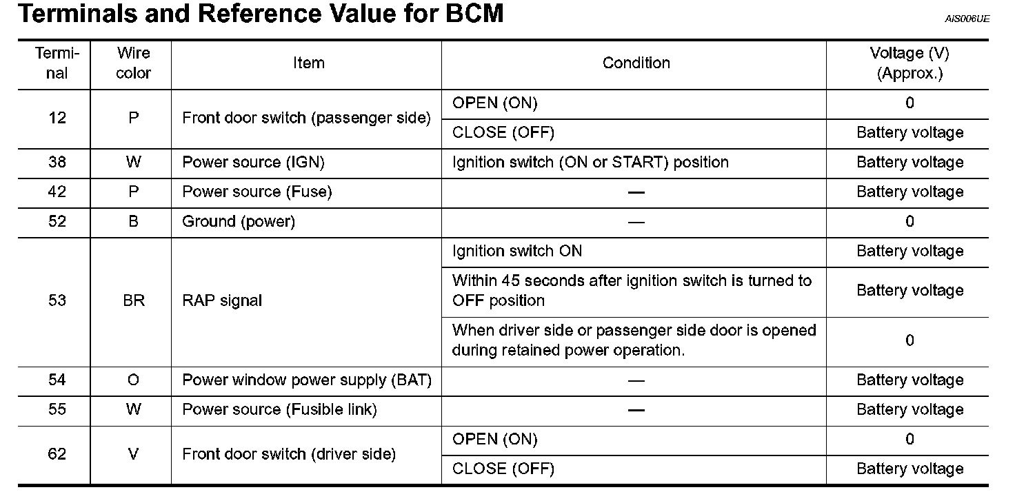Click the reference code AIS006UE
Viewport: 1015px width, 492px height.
point(967,19)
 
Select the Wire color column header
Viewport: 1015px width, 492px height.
point(133,63)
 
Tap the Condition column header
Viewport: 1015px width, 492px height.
point(636,63)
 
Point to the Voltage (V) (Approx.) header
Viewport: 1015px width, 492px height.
point(909,63)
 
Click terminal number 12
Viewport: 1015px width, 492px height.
point(57,118)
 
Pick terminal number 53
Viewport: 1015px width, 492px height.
point(57,300)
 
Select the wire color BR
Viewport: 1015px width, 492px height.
point(133,300)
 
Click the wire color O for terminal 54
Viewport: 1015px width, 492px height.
point(133,380)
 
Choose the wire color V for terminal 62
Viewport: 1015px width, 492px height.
point(133,454)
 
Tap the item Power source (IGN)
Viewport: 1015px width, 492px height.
point(253,163)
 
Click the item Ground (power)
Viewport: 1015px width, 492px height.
point(239,222)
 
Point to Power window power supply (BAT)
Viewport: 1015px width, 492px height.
point(307,380)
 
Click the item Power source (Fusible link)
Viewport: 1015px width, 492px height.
point(279,410)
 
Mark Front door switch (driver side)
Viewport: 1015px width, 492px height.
point(289,454)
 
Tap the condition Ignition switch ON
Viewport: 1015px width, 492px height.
point(517,252)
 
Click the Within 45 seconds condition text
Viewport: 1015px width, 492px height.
point(632,291)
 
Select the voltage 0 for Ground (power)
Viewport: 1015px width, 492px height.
point(909,222)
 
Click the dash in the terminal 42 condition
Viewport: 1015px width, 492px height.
point(636,192)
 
